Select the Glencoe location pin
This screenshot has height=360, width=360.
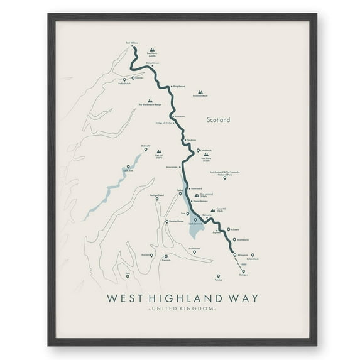click(134, 79)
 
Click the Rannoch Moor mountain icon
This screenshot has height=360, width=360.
click(200, 91)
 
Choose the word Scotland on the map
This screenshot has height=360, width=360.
click(219, 119)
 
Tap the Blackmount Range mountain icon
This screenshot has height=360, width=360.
click(150, 101)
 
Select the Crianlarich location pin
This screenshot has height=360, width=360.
click(199, 151)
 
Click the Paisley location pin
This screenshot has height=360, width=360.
click(218, 276)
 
